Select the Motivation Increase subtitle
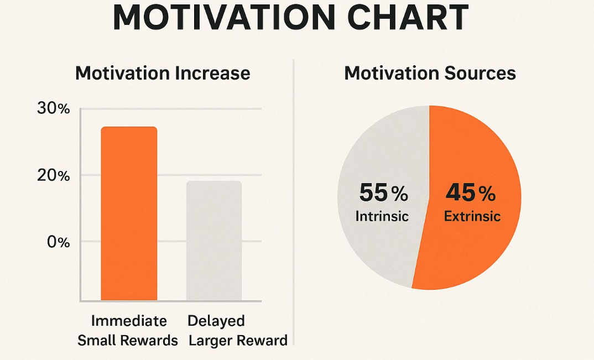[x=163, y=74]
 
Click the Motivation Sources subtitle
[x=430, y=74]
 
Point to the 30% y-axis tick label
[x=53, y=109]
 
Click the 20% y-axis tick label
[x=53, y=176]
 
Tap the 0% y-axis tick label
[x=57, y=242]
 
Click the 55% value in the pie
[x=383, y=193]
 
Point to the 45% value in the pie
[x=471, y=193]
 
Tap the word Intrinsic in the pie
[x=382, y=216]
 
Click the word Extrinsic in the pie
[x=472, y=216]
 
